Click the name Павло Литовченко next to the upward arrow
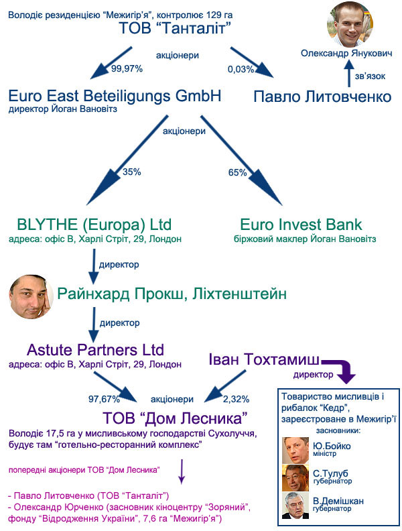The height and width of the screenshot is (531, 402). pos(322,97)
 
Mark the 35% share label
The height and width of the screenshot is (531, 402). pos(131,172)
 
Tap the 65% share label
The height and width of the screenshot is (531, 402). pos(238,172)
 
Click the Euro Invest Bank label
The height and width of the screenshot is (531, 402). pos(301,224)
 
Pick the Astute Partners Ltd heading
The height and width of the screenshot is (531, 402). pos(95,350)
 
